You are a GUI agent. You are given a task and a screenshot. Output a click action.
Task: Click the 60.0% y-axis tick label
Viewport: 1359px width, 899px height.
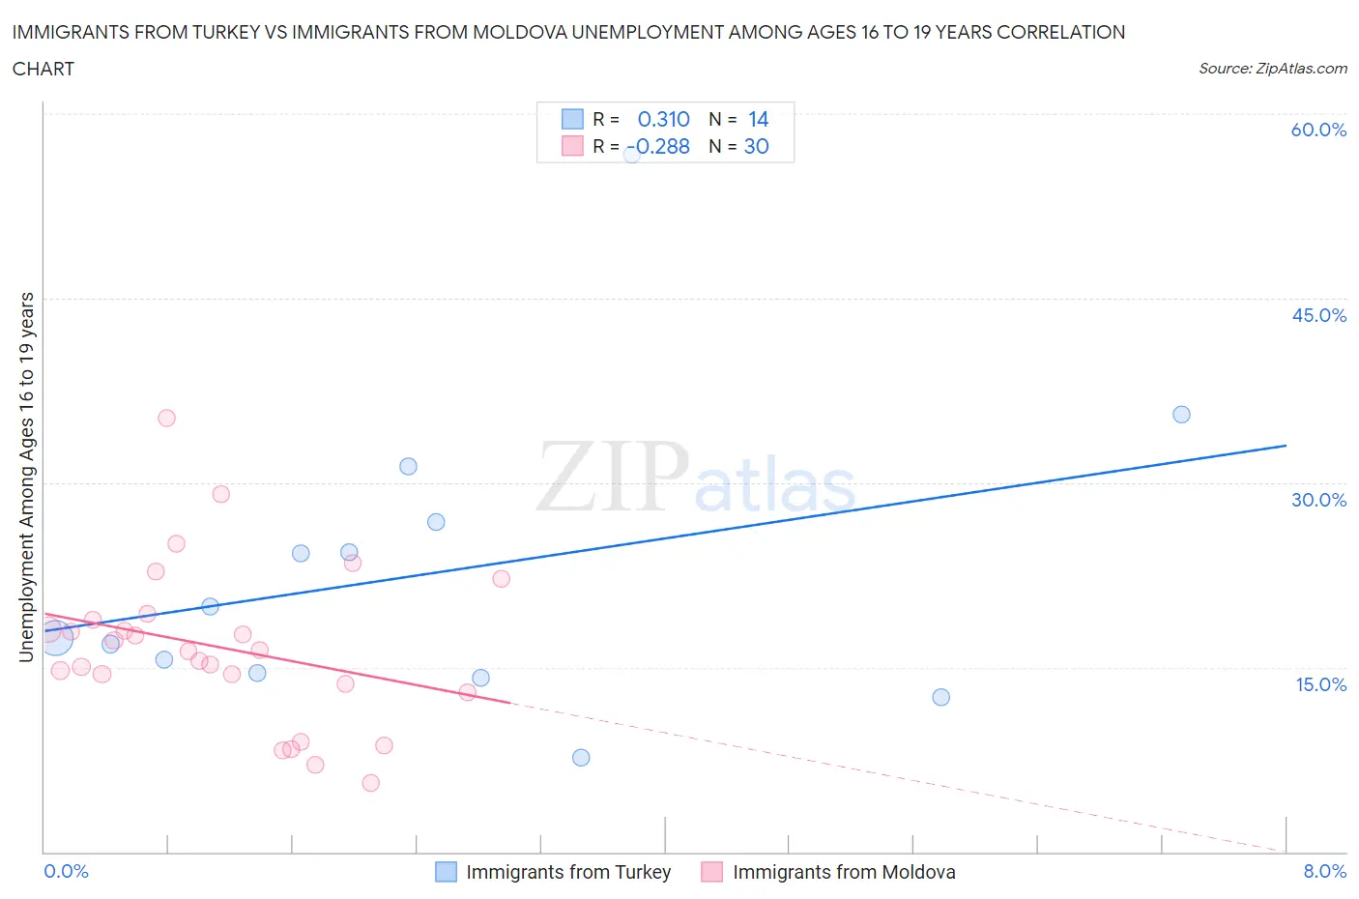pos(1318,130)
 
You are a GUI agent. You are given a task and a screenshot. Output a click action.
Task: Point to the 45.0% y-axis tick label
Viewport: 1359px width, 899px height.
pos(1318,315)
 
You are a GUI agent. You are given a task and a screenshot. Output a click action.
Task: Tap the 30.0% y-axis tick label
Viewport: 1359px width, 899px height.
pos(1318,500)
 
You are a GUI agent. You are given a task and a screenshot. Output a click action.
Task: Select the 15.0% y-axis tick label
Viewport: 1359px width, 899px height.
pos(1320,684)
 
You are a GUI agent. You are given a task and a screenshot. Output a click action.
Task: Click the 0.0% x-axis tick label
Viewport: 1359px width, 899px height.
pos(66,871)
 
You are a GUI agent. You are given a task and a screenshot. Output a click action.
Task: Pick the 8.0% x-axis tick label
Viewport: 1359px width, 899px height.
pos(1324,871)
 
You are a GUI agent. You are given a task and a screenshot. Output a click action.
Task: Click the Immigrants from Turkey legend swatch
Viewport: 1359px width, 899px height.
pos(446,872)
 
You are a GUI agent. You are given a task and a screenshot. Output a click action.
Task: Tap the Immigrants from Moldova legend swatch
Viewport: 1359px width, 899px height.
pos(711,872)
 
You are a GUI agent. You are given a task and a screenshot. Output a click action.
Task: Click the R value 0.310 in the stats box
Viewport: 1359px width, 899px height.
pos(663,119)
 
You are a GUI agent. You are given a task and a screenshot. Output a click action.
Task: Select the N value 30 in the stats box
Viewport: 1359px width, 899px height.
pos(756,146)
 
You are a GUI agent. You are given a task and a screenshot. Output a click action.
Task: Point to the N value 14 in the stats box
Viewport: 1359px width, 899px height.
pos(758,119)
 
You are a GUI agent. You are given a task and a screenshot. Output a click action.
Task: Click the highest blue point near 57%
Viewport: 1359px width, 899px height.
pos(631,154)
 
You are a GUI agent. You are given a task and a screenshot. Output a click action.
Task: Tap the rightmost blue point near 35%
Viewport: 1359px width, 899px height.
pos(1181,415)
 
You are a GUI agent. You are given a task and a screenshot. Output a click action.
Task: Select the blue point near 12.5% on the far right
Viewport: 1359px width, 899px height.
pos(940,697)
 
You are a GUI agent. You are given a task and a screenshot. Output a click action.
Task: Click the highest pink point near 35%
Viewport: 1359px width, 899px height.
pos(166,419)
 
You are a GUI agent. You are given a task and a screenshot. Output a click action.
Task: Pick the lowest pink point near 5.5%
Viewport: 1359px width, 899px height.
pos(371,783)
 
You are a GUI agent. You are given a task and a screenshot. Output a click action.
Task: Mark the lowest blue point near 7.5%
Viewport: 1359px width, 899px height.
pos(581,758)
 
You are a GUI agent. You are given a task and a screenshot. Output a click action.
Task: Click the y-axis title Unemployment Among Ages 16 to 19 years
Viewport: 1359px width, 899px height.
pos(26,478)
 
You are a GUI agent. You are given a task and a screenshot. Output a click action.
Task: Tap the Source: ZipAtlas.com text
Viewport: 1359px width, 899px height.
pos(1272,69)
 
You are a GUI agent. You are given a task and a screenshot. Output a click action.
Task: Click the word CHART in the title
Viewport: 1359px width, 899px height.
pos(43,69)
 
